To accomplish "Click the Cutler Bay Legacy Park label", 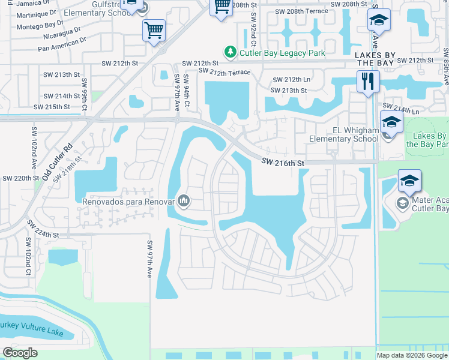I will pos(282,53).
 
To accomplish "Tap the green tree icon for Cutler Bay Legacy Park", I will pos(229,53).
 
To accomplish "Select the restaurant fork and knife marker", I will pos(367,81).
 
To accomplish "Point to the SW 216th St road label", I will pos(283,162).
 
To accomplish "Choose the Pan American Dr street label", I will pos(61,41).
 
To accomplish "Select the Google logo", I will pos(20,353).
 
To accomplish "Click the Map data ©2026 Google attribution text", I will pos(411,355).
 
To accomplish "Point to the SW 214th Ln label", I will pos(406,112).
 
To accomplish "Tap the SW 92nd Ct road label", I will pos(254,29).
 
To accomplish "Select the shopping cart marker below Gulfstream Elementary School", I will pos(154,30).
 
